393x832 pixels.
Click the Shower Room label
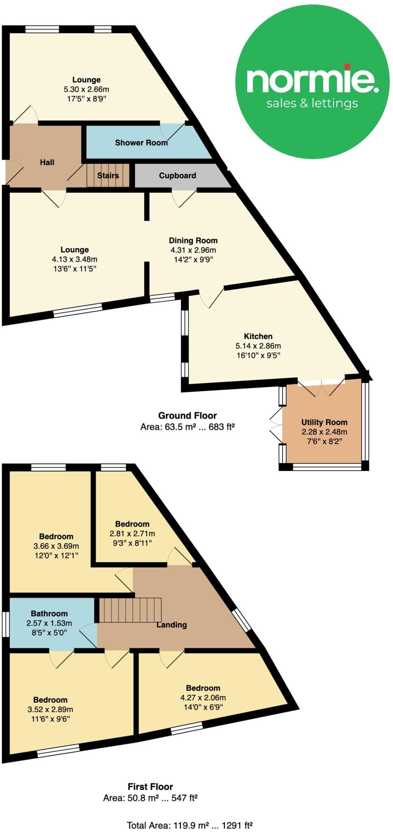pyautogui.click(x=141, y=143)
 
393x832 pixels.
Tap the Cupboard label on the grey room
pyautogui.click(x=177, y=175)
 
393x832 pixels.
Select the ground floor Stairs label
pyautogui.click(x=108, y=175)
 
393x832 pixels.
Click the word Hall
pyautogui.click(x=47, y=162)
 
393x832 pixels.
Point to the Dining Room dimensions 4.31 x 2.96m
pyautogui.click(x=193, y=250)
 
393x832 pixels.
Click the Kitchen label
pyautogui.click(x=258, y=336)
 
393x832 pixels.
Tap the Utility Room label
pyautogui.click(x=324, y=422)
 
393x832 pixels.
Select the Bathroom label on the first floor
pyautogui.click(x=49, y=613)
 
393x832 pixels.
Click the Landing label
pyautogui.click(x=172, y=625)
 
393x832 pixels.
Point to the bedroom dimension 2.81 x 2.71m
pyautogui.click(x=132, y=533)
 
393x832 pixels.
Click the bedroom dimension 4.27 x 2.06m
pyautogui.click(x=203, y=698)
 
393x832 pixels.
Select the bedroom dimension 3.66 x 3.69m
pyautogui.click(x=56, y=546)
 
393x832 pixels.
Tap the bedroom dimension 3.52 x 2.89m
pyautogui.click(x=50, y=709)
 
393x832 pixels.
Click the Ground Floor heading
pyautogui.click(x=187, y=416)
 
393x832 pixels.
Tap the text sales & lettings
pyautogui.click(x=312, y=103)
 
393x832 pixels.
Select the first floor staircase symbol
pyautogui.click(x=130, y=610)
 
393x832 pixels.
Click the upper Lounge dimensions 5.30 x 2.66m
pyautogui.click(x=86, y=89)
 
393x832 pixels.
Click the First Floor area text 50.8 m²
pyautogui.click(x=150, y=798)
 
